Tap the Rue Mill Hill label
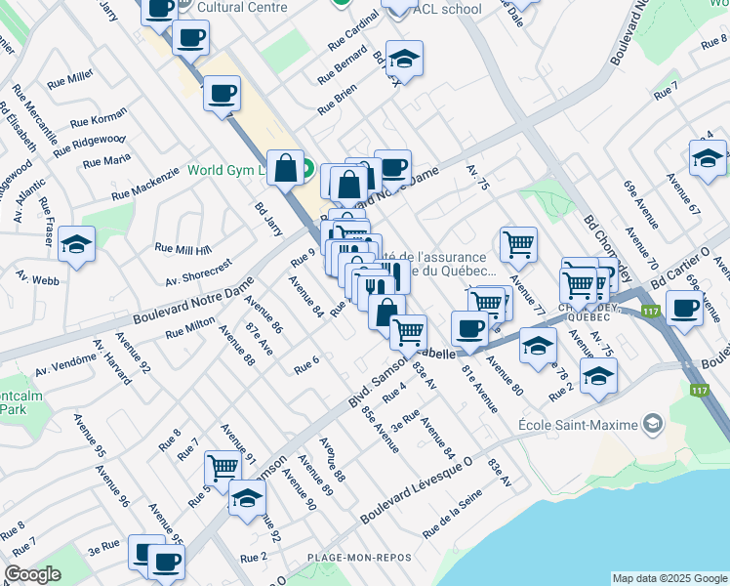[182, 250]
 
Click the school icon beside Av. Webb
[76, 245]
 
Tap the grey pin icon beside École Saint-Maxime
[652, 425]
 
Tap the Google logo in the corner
[32, 575]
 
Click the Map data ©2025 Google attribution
[669, 578]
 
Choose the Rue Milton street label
[189, 327]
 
